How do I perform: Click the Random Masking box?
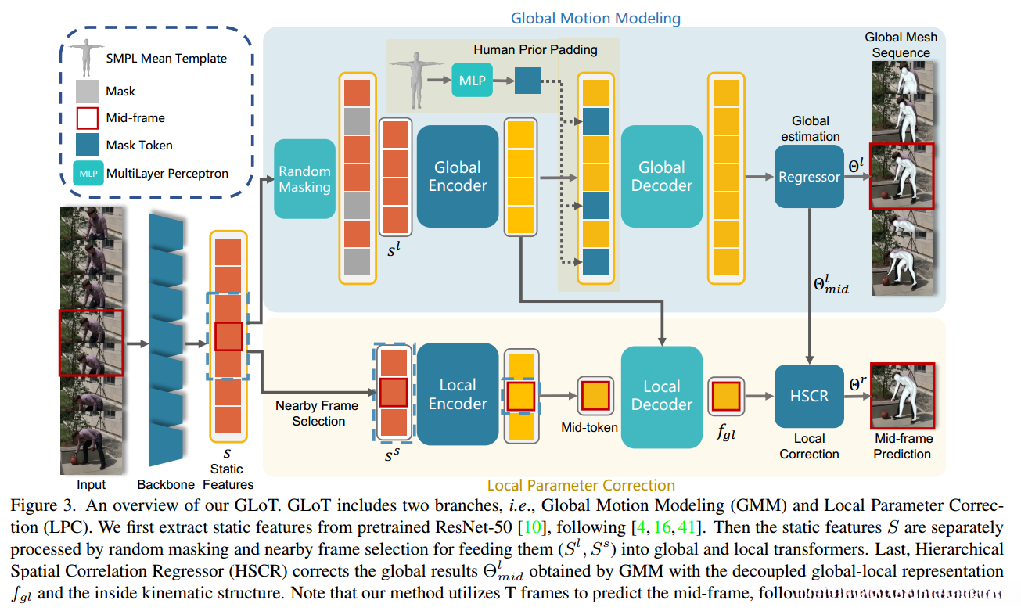pos(304,179)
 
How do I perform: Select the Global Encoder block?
pos(458,177)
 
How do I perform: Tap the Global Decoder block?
pos(661,177)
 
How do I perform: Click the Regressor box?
pos(809,177)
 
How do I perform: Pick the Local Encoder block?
pos(458,394)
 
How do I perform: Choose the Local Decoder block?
pos(661,396)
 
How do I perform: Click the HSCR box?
pos(809,396)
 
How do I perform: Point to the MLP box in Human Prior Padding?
pos(472,81)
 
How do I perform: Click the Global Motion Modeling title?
pos(595,17)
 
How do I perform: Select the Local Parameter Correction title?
pos(581,485)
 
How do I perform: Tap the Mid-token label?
pos(589,427)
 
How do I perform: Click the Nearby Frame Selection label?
pos(317,413)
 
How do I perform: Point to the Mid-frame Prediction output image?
pos(902,396)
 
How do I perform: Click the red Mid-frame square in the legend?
pos(87,118)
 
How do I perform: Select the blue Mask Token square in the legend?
pos(87,145)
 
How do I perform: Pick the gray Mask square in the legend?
pos(87,92)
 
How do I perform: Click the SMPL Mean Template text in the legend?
pos(166,58)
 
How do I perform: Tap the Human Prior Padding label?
pos(535,50)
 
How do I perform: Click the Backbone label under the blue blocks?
pos(165,485)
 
